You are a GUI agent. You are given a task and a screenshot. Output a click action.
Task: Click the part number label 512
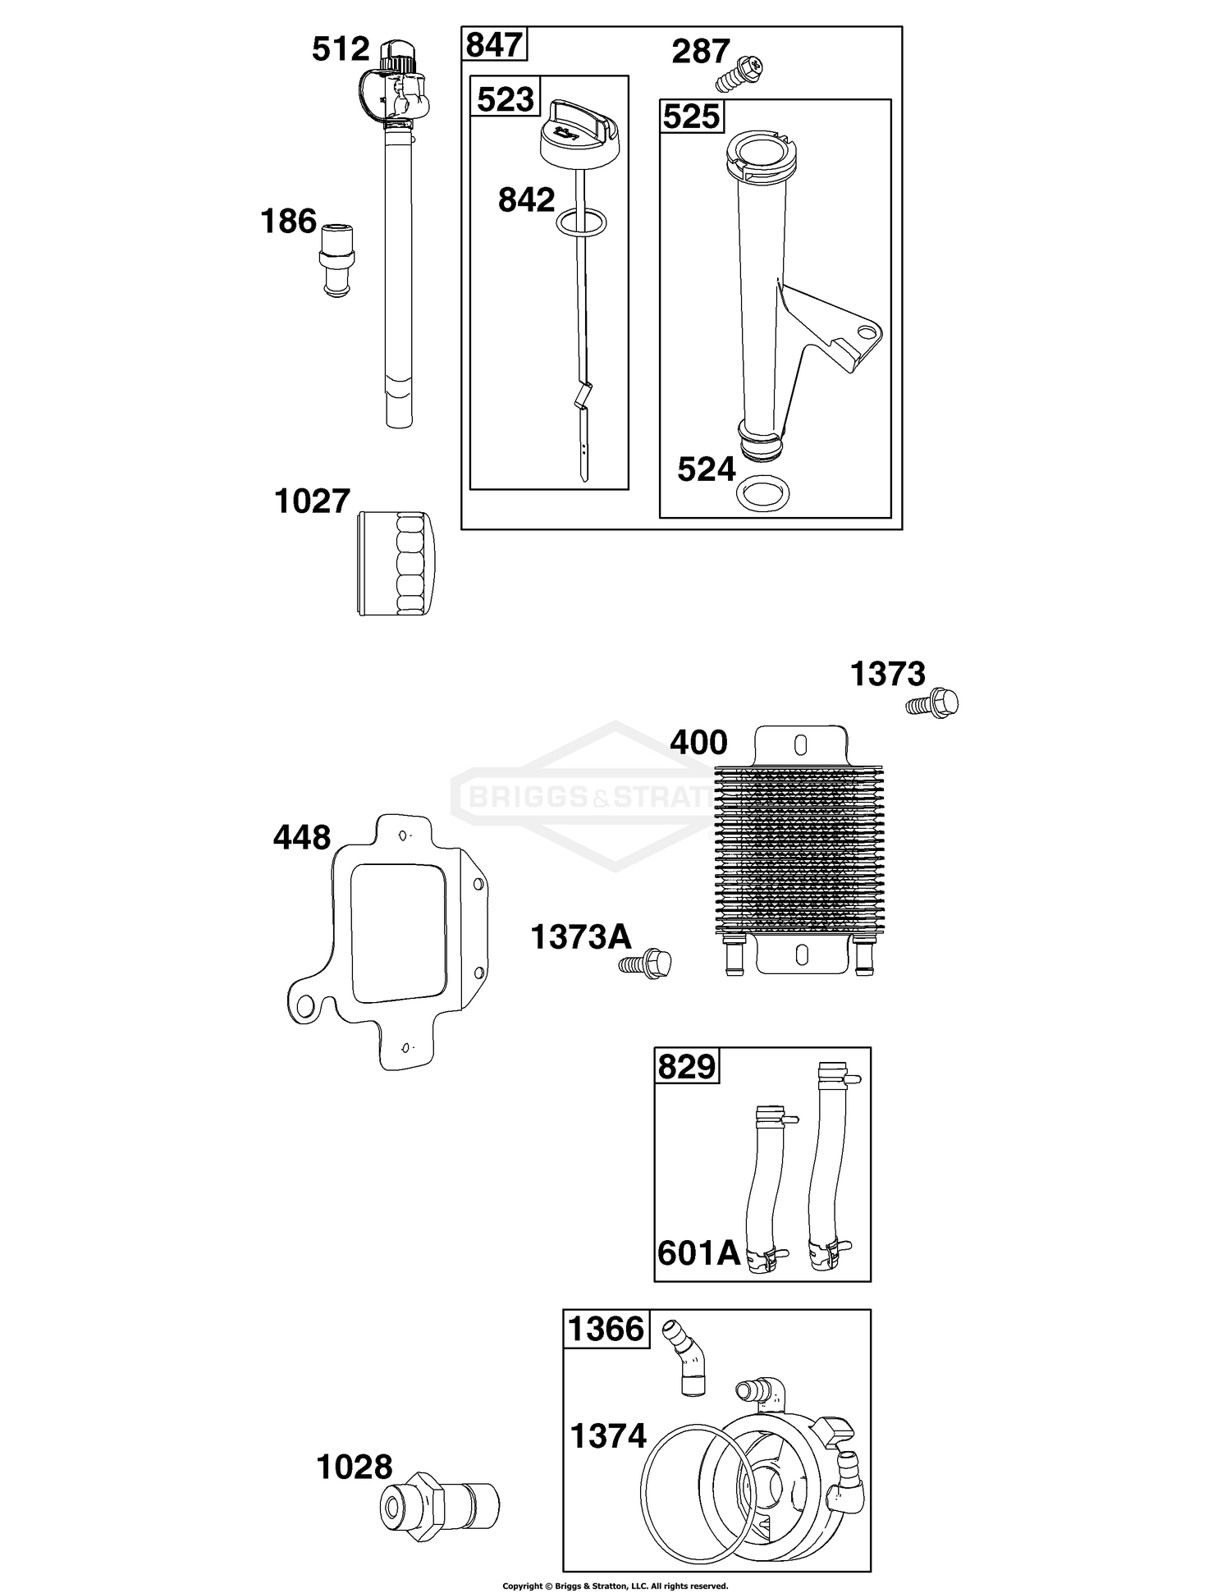click(x=341, y=50)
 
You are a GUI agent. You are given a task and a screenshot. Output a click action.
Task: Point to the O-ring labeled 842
click(x=581, y=221)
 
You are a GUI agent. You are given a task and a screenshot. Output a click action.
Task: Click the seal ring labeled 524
click(x=764, y=491)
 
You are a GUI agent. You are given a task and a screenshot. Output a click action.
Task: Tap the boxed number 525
click(x=691, y=116)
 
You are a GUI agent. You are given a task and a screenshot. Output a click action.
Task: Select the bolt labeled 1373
click(x=933, y=703)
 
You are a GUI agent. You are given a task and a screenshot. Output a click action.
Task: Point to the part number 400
click(x=698, y=743)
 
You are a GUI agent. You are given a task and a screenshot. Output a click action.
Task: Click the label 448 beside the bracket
click(x=302, y=838)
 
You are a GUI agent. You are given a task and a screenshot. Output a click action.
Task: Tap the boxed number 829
click(x=687, y=1066)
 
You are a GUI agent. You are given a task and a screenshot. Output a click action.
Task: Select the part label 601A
click(x=698, y=1253)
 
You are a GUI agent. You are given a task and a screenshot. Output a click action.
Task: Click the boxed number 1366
click(x=606, y=1329)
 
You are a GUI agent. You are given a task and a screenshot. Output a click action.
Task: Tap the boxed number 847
click(x=494, y=44)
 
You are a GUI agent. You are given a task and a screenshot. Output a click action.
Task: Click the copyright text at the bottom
click(x=615, y=1586)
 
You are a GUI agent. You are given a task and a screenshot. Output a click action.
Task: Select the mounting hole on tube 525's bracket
click(x=864, y=332)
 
